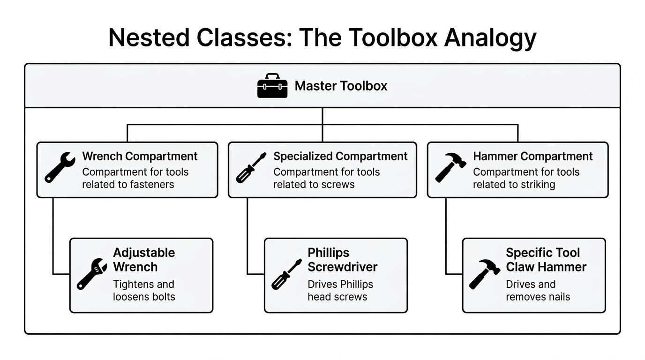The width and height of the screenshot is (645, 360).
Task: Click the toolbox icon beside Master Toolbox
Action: pos(272,86)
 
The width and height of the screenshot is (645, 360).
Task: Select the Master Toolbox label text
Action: pos(341,86)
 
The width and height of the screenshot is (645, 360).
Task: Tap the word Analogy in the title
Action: pos(490,38)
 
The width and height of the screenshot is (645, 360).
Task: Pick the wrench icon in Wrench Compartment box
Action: pos(60,167)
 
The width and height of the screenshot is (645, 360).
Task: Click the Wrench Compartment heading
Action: pos(140,156)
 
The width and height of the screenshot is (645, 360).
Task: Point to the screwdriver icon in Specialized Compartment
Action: pos(251,167)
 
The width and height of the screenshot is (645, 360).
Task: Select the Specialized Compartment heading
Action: pos(340,156)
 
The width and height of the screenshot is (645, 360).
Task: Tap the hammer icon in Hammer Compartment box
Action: pos(450,167)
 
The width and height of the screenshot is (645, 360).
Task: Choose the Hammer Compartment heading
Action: pos(532,156)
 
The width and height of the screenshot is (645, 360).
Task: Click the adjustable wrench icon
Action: pos(91,274)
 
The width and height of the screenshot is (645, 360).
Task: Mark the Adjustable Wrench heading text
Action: pos(143,260)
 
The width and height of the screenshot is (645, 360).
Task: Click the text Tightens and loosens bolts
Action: pos(143,291)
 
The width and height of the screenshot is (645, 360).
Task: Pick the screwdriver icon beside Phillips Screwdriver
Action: pos(286,274)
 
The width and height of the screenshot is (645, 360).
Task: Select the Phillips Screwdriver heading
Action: pos(342,260)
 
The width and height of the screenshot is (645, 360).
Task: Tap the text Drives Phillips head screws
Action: pos(340,291)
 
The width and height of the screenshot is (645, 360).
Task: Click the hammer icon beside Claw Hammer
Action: pos(484,274)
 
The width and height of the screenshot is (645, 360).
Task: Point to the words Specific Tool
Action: pos(542,253)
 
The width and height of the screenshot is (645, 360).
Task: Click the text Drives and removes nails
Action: pos(538,291)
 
